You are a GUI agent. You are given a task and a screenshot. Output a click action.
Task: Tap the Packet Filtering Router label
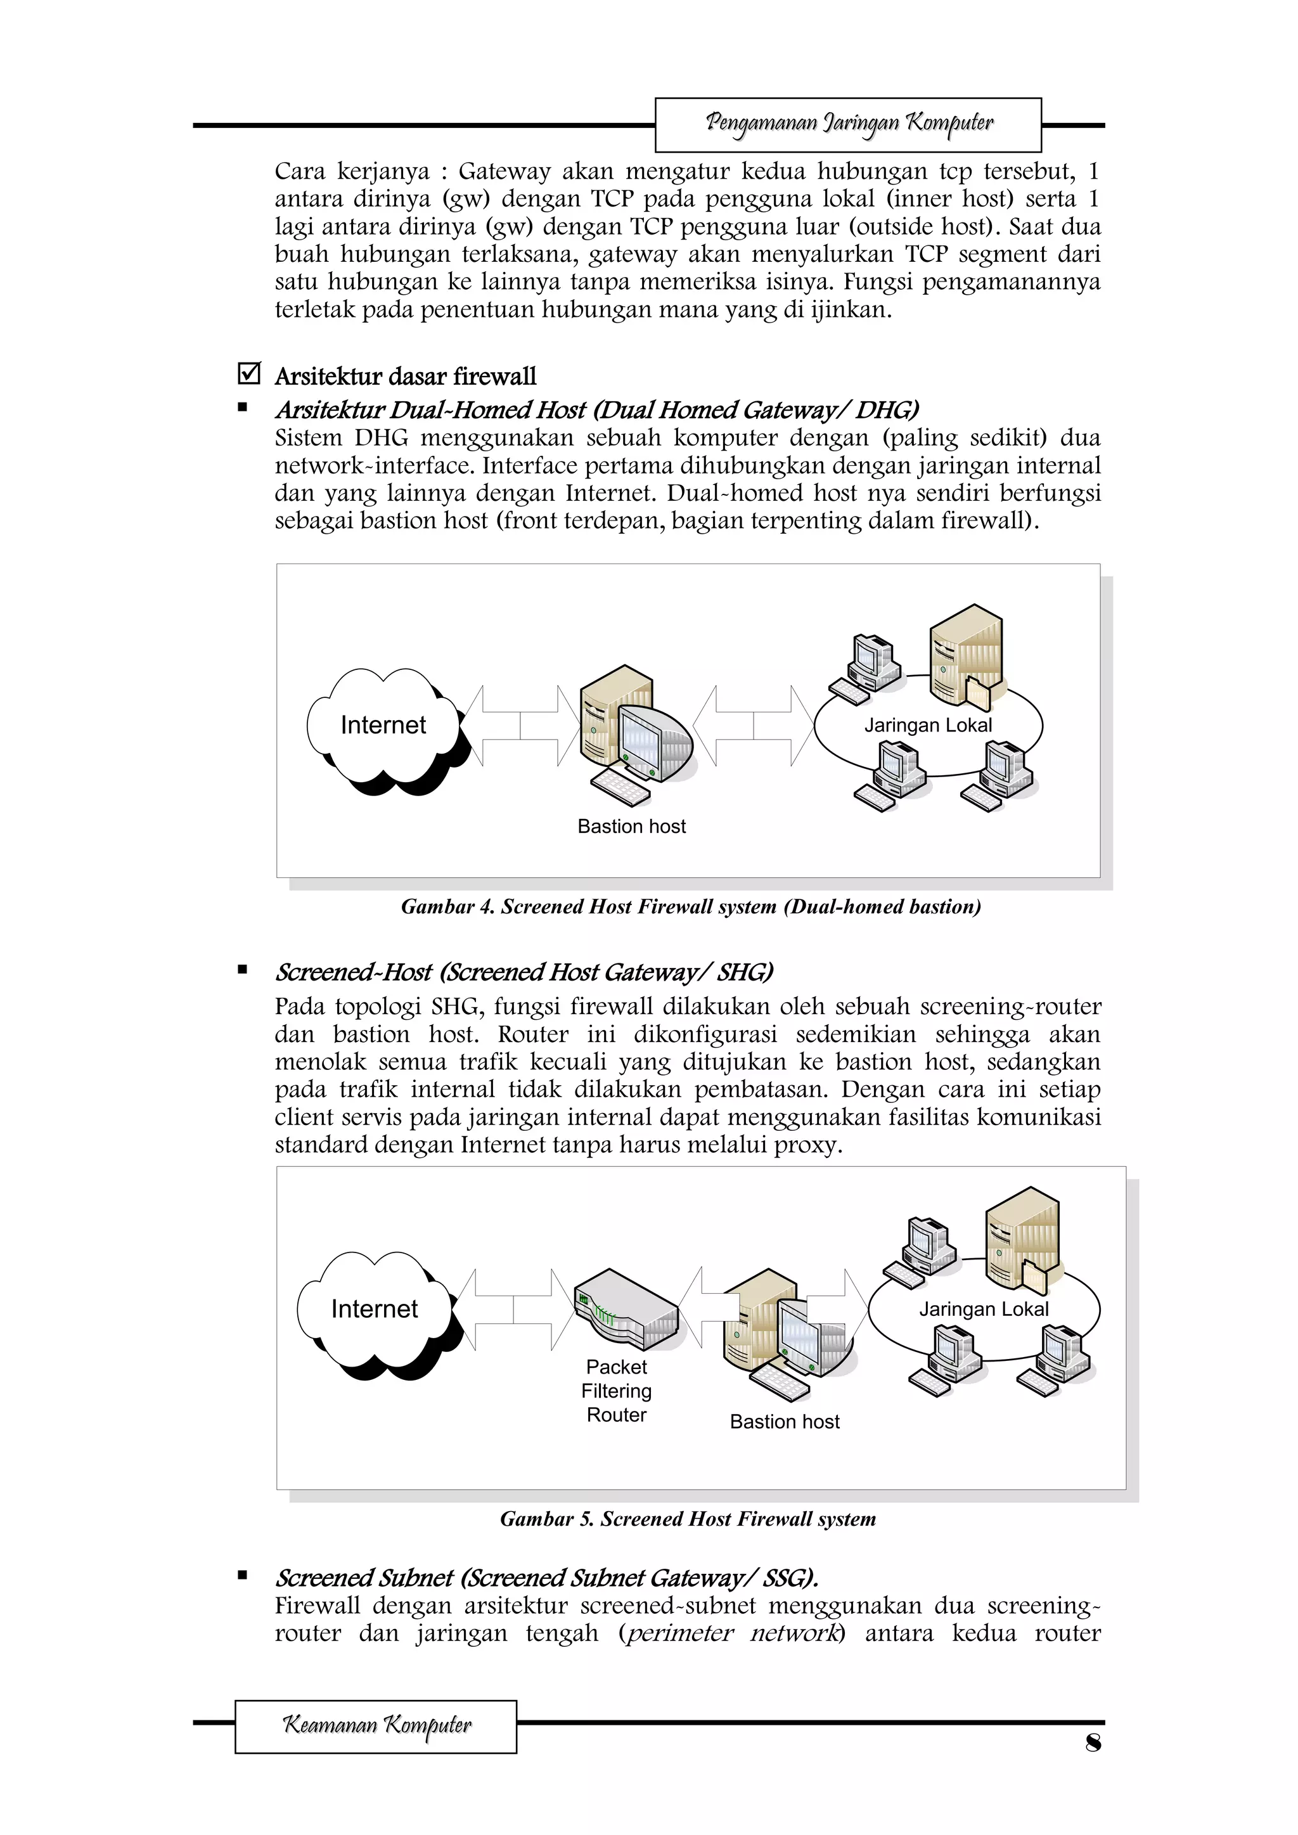[x=616, y=1391]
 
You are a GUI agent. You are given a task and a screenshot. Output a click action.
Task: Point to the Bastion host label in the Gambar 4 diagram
[x=631, y=827]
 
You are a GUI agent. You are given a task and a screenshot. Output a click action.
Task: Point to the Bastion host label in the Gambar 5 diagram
[x=784, y=1422]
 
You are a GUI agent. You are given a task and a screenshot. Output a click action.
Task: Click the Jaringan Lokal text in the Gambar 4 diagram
[x=927, y=726]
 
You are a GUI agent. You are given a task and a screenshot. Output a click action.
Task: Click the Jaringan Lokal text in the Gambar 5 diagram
[x=983, y=1309]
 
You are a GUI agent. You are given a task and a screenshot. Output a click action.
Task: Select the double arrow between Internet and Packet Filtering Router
[x=514, y=1309]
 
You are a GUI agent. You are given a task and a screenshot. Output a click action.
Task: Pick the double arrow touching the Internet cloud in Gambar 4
[x=520, y=726]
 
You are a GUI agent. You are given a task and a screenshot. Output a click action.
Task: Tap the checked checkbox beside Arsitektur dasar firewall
[x=248, y=373]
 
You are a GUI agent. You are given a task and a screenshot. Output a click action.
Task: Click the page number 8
[x=1093, y=1743]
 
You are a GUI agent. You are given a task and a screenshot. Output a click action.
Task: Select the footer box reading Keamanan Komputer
[x=376, y=1727]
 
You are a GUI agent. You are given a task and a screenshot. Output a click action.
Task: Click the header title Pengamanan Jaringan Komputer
[x=848, y=124]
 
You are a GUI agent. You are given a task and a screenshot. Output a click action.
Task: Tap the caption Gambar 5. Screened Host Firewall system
[x=688, y=1519]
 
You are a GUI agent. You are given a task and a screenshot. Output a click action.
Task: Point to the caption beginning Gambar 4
[x=691, y=907]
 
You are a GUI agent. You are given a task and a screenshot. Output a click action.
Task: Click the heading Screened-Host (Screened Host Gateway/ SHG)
[x=524, y=973]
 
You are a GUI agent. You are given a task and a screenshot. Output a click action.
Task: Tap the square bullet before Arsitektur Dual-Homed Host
[x=242, y=408]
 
